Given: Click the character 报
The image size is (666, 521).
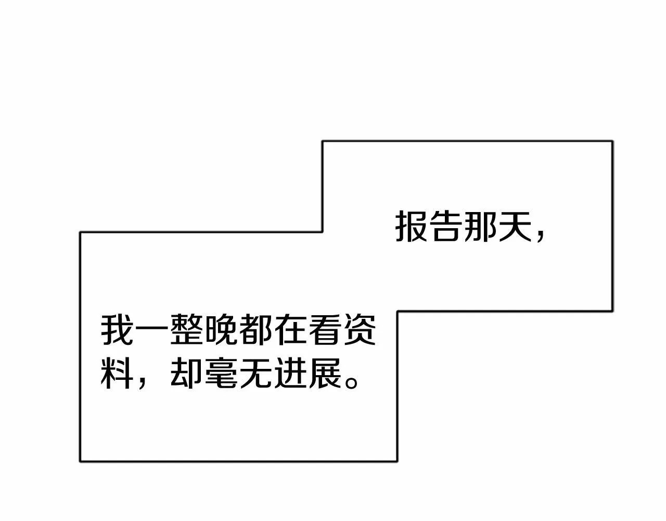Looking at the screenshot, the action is pyautogui.click(x=411, y=227).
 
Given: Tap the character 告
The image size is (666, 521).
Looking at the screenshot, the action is pyautogui.click(x=445, y=227).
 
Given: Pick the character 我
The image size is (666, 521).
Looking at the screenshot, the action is pyautogui.click(x=117, y=330).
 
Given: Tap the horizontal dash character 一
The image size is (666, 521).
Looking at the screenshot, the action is pyautogui.click(x=151, y=330).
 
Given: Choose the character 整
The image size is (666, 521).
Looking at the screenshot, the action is pyautogui.click(x=186, y=330).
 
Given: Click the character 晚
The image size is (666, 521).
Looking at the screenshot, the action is pyautogui.click(x=221, y=330).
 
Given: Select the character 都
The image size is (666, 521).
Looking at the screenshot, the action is pyautogui.click(x=255, y=330).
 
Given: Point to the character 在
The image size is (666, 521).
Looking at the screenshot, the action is pyautogui.click(x=290, y=330).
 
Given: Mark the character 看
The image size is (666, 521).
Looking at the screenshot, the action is pyautogui.click(x=324, y=330).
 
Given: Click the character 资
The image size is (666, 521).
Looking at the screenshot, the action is pyautogui.click(x=359, y=330).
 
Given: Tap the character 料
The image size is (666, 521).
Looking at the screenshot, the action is pyautogui.click(x=117, y=373).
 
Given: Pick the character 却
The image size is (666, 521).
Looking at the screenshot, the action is pyautogui.click(x=186, y=373).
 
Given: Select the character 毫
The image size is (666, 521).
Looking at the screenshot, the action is pyautogui.click(x=221, y=373).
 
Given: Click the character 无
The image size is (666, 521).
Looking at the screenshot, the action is pyautogui.click(x=255, y=373).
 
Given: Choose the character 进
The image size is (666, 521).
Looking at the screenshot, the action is pyautogui.click(x=290, y=373).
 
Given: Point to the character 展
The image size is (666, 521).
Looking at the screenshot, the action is pyautogui.click(x=324, y=373).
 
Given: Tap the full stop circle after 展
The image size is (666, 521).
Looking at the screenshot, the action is pyautogui.click(x=351, y=382).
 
